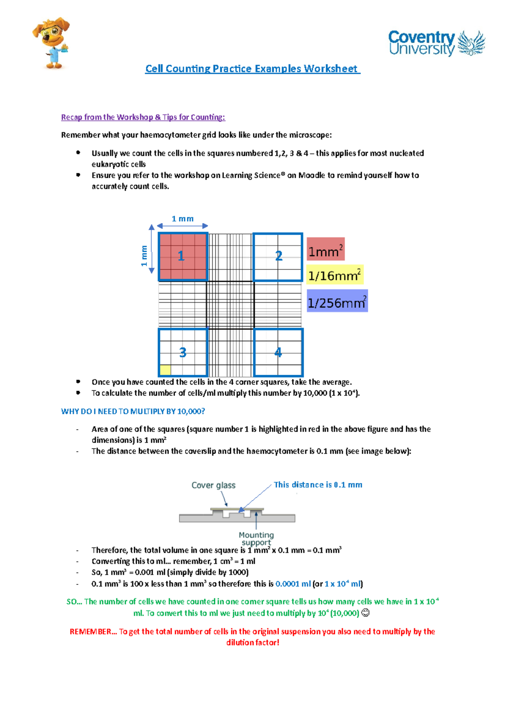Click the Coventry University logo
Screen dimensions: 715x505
tap(436, 43)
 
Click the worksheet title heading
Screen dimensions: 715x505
tap(252, 69)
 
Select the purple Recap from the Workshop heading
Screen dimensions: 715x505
tap(143, 117)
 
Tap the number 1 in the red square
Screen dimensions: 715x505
tap(181, 256)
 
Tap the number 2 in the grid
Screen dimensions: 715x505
tap(279, 256)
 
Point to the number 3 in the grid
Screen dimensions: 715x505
tap(183, 352)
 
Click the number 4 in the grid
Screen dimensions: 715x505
tap(278, 352)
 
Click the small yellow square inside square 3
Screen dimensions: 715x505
tap(165, 370)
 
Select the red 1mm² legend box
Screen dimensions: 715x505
tap(325, 251)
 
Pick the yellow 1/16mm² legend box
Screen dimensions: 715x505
tap(334, 275)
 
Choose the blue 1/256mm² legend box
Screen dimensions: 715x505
tap(337, 301)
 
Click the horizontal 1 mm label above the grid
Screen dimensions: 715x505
tap(183, 219)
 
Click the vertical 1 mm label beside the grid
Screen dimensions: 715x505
tap(144, 256)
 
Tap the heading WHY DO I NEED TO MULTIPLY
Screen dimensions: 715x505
tap(133, 411)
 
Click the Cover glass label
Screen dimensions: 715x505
tap(213, 485)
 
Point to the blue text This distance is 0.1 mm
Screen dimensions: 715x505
tap(318, 485)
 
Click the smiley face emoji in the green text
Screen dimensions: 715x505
tap(365, 613)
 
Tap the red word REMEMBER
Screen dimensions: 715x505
tap(90, 632)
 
